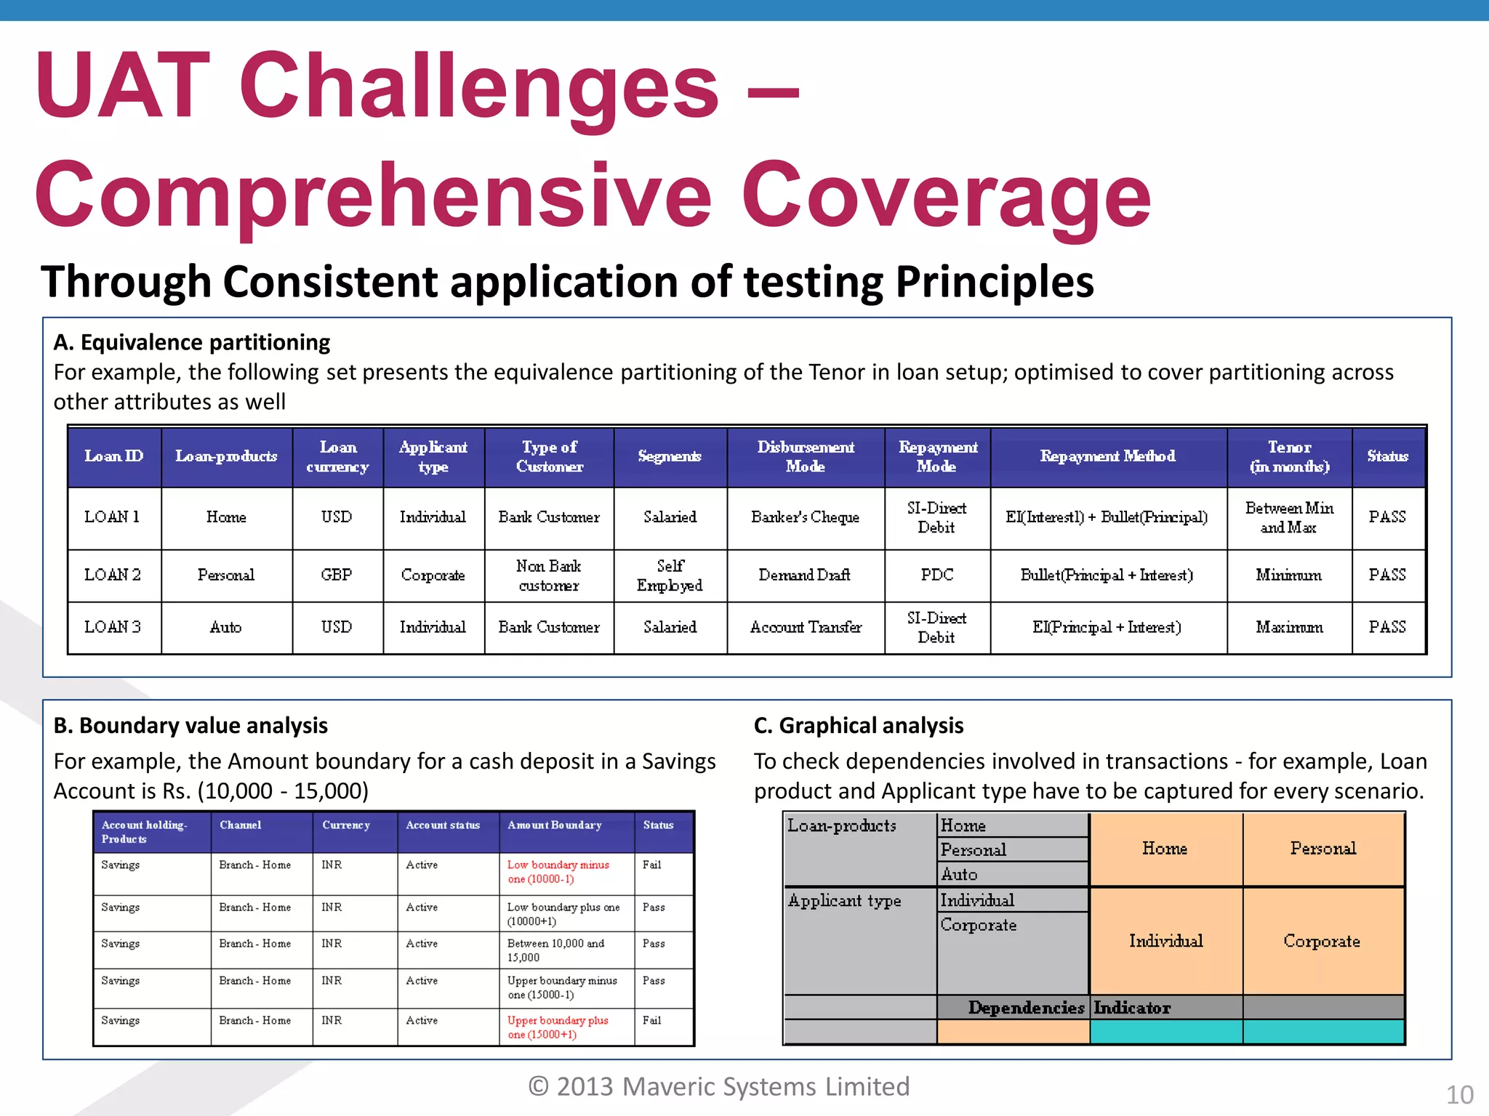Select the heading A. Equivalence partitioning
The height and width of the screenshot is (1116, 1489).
point(192,342)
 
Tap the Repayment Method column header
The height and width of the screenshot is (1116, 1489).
point(1107,456)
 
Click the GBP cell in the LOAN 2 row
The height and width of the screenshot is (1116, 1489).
point(337,575)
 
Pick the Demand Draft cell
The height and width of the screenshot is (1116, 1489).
point(804,575)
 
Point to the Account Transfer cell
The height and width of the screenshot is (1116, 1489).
point(806,627)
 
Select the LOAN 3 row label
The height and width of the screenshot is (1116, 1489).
point(113,627)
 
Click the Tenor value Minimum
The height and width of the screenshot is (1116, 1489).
point(1288,575)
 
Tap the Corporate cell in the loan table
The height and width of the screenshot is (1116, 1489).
point(433,575)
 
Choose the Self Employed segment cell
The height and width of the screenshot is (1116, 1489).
point(670,575)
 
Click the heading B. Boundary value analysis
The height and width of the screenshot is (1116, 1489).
point(190,725)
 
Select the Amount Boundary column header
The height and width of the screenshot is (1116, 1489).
point(555,825)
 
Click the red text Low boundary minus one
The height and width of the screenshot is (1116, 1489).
point(558,872)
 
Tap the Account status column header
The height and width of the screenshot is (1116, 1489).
point(443,825)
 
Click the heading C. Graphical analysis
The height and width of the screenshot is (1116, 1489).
point(859,725)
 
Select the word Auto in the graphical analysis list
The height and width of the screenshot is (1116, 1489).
point(959,875)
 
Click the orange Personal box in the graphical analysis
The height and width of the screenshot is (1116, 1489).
point(1323,849)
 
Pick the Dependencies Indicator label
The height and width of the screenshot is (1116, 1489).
point(1069,1008)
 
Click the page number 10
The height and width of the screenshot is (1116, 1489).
point(1459,1094)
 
